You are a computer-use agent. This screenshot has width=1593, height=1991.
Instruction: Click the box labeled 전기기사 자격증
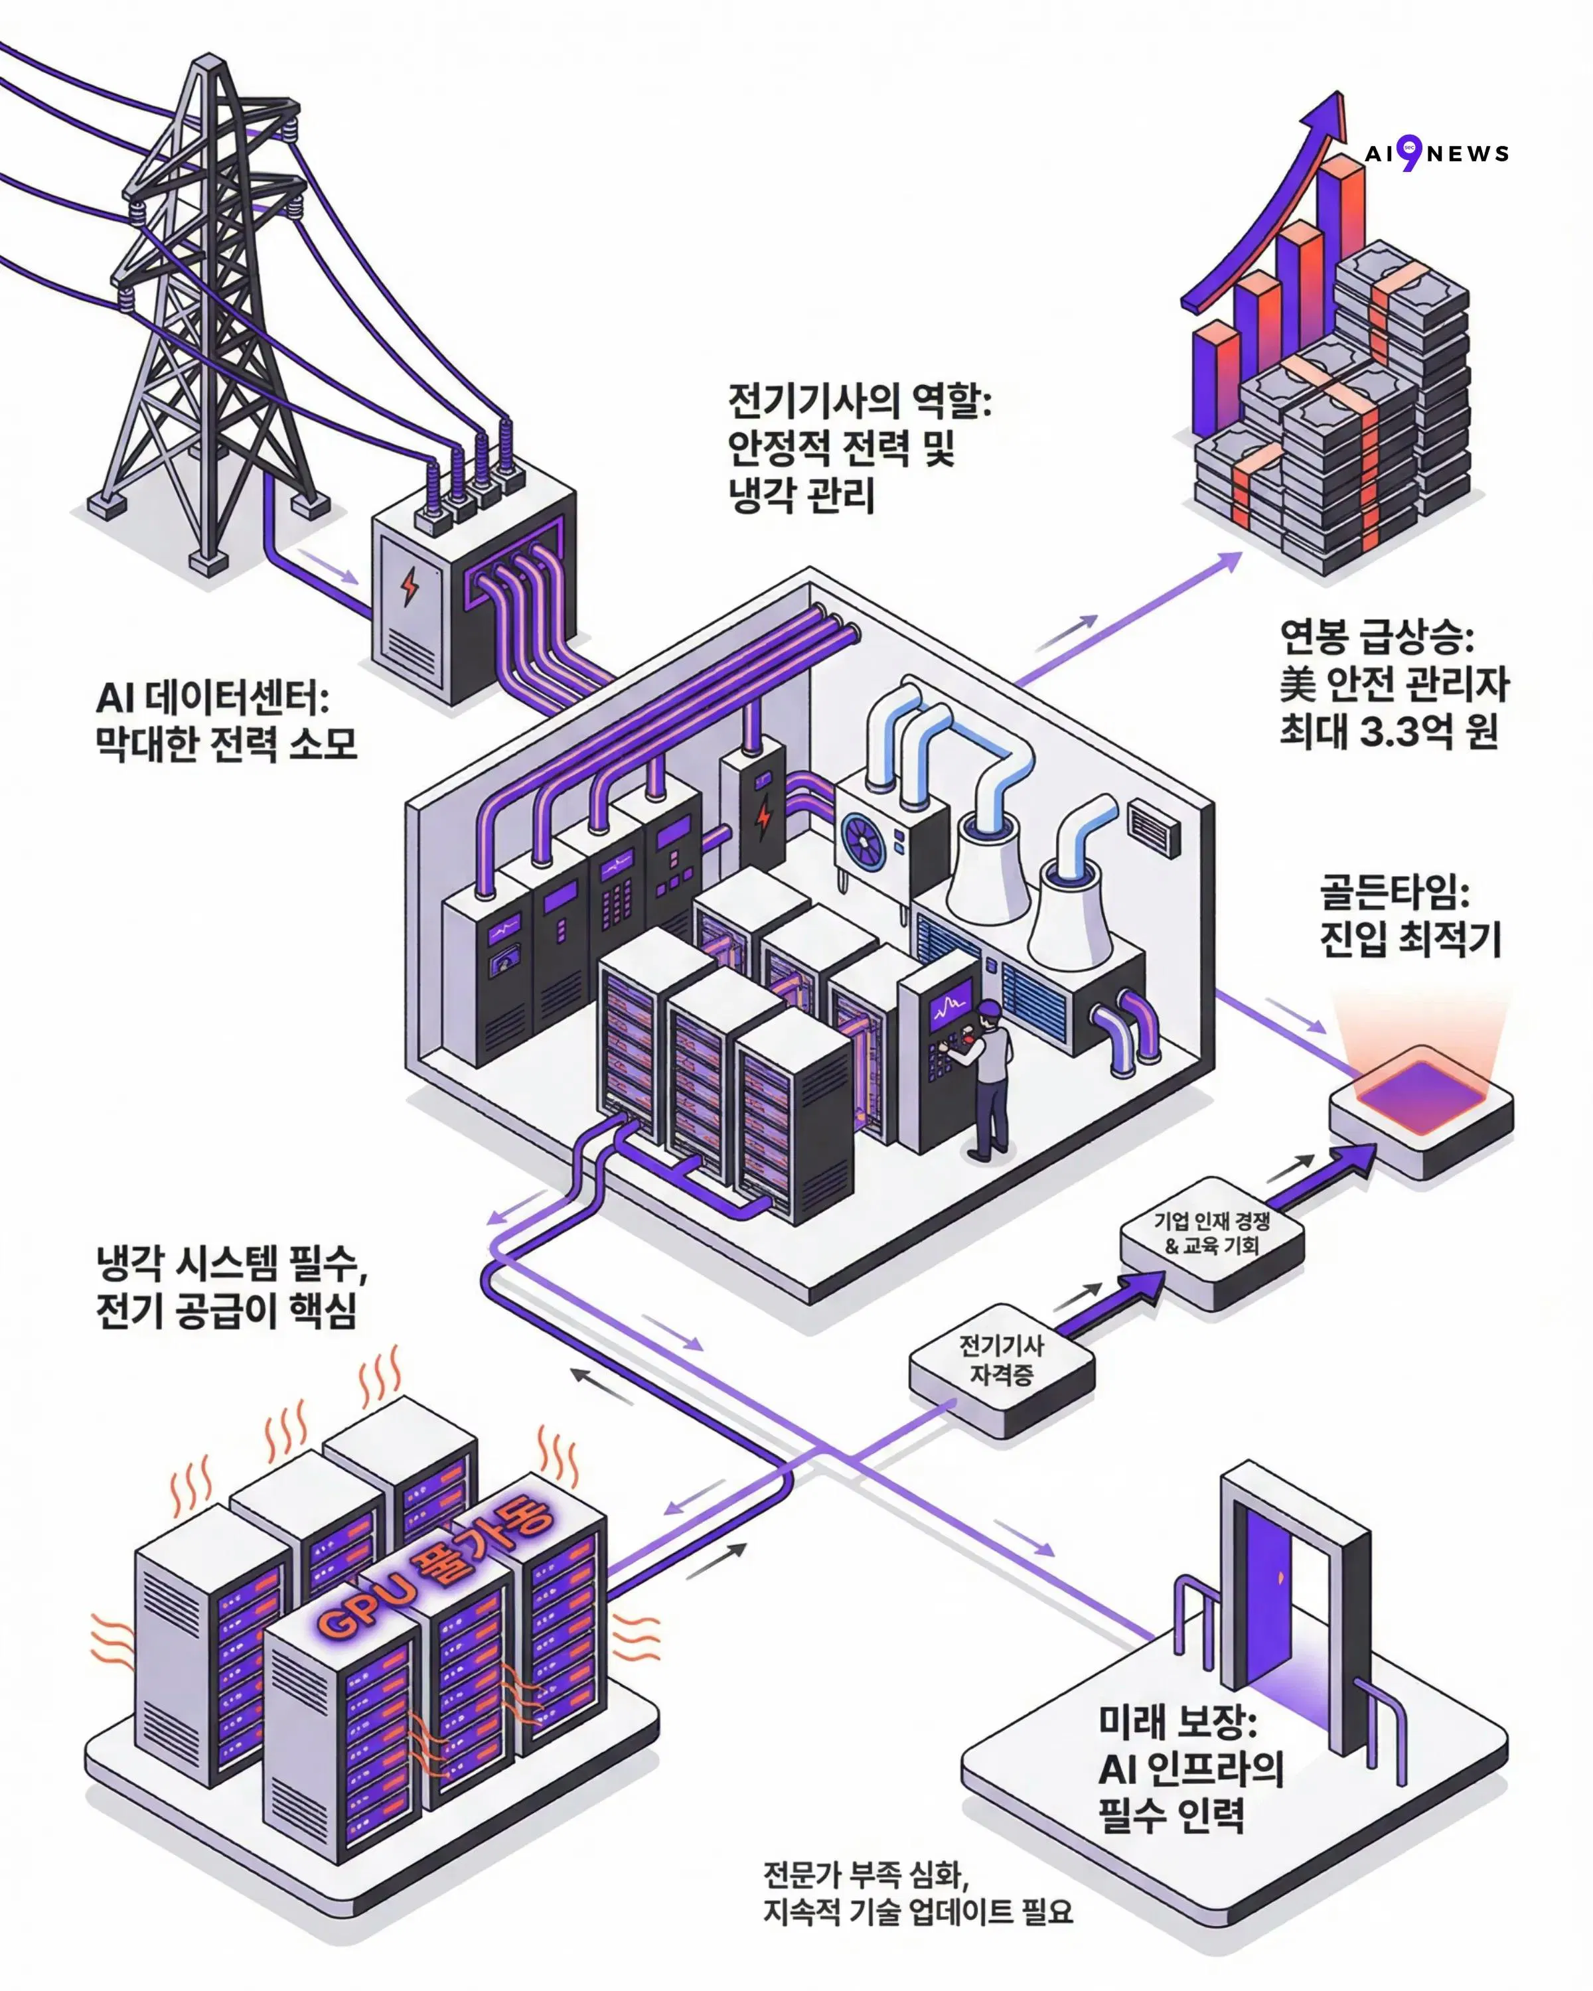[1002, 1361]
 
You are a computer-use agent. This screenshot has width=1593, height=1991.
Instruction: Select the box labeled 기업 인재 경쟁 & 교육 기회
[1211, 1234]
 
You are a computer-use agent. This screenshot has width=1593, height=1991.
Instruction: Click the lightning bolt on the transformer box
[409, 587]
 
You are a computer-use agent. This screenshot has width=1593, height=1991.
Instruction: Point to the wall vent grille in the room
[1154, 828]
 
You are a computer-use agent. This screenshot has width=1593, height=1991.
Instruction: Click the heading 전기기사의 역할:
[859, 401]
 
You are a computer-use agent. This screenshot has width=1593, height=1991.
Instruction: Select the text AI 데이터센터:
[212, 698]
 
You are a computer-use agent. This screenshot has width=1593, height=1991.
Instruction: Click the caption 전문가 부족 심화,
[866, 1875]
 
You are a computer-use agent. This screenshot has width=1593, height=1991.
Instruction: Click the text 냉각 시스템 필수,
[231, 1264]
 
